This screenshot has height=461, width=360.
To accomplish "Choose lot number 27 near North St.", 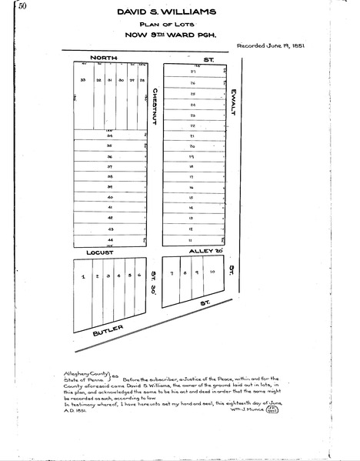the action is point(192,72).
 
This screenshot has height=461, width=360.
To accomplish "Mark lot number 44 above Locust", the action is point(110,240).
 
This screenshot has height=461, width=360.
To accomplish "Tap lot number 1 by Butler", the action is point(82,276).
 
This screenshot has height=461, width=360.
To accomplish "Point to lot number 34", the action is point(110,135).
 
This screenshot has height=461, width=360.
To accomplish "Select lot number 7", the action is point(173,272).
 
